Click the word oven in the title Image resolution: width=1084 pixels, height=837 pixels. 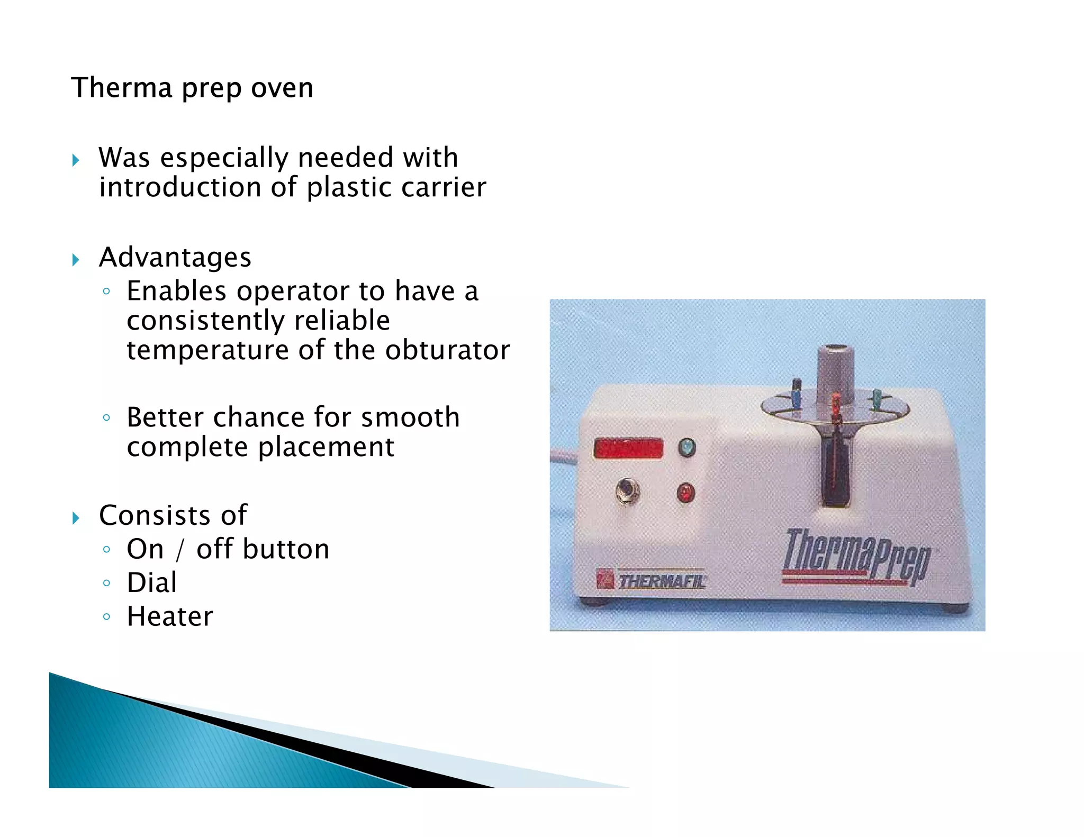point(282,88)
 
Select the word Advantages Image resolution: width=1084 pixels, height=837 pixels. point(175,258)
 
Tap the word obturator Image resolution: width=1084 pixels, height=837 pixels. point(447,350)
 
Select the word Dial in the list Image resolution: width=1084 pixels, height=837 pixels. point(152,583)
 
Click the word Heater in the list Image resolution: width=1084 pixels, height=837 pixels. point(170,616)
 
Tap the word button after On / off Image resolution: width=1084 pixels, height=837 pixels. point(286,549)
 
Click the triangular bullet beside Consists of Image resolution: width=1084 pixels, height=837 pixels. point(76,517)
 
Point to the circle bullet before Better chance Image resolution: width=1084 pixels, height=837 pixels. point(106,418)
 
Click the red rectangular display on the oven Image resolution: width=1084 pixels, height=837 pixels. point(628,448)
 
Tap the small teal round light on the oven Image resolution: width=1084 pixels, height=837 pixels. point(686,448)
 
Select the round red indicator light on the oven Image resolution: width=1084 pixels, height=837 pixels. point(685,493)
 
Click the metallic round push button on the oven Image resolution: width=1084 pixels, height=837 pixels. point(627,492)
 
